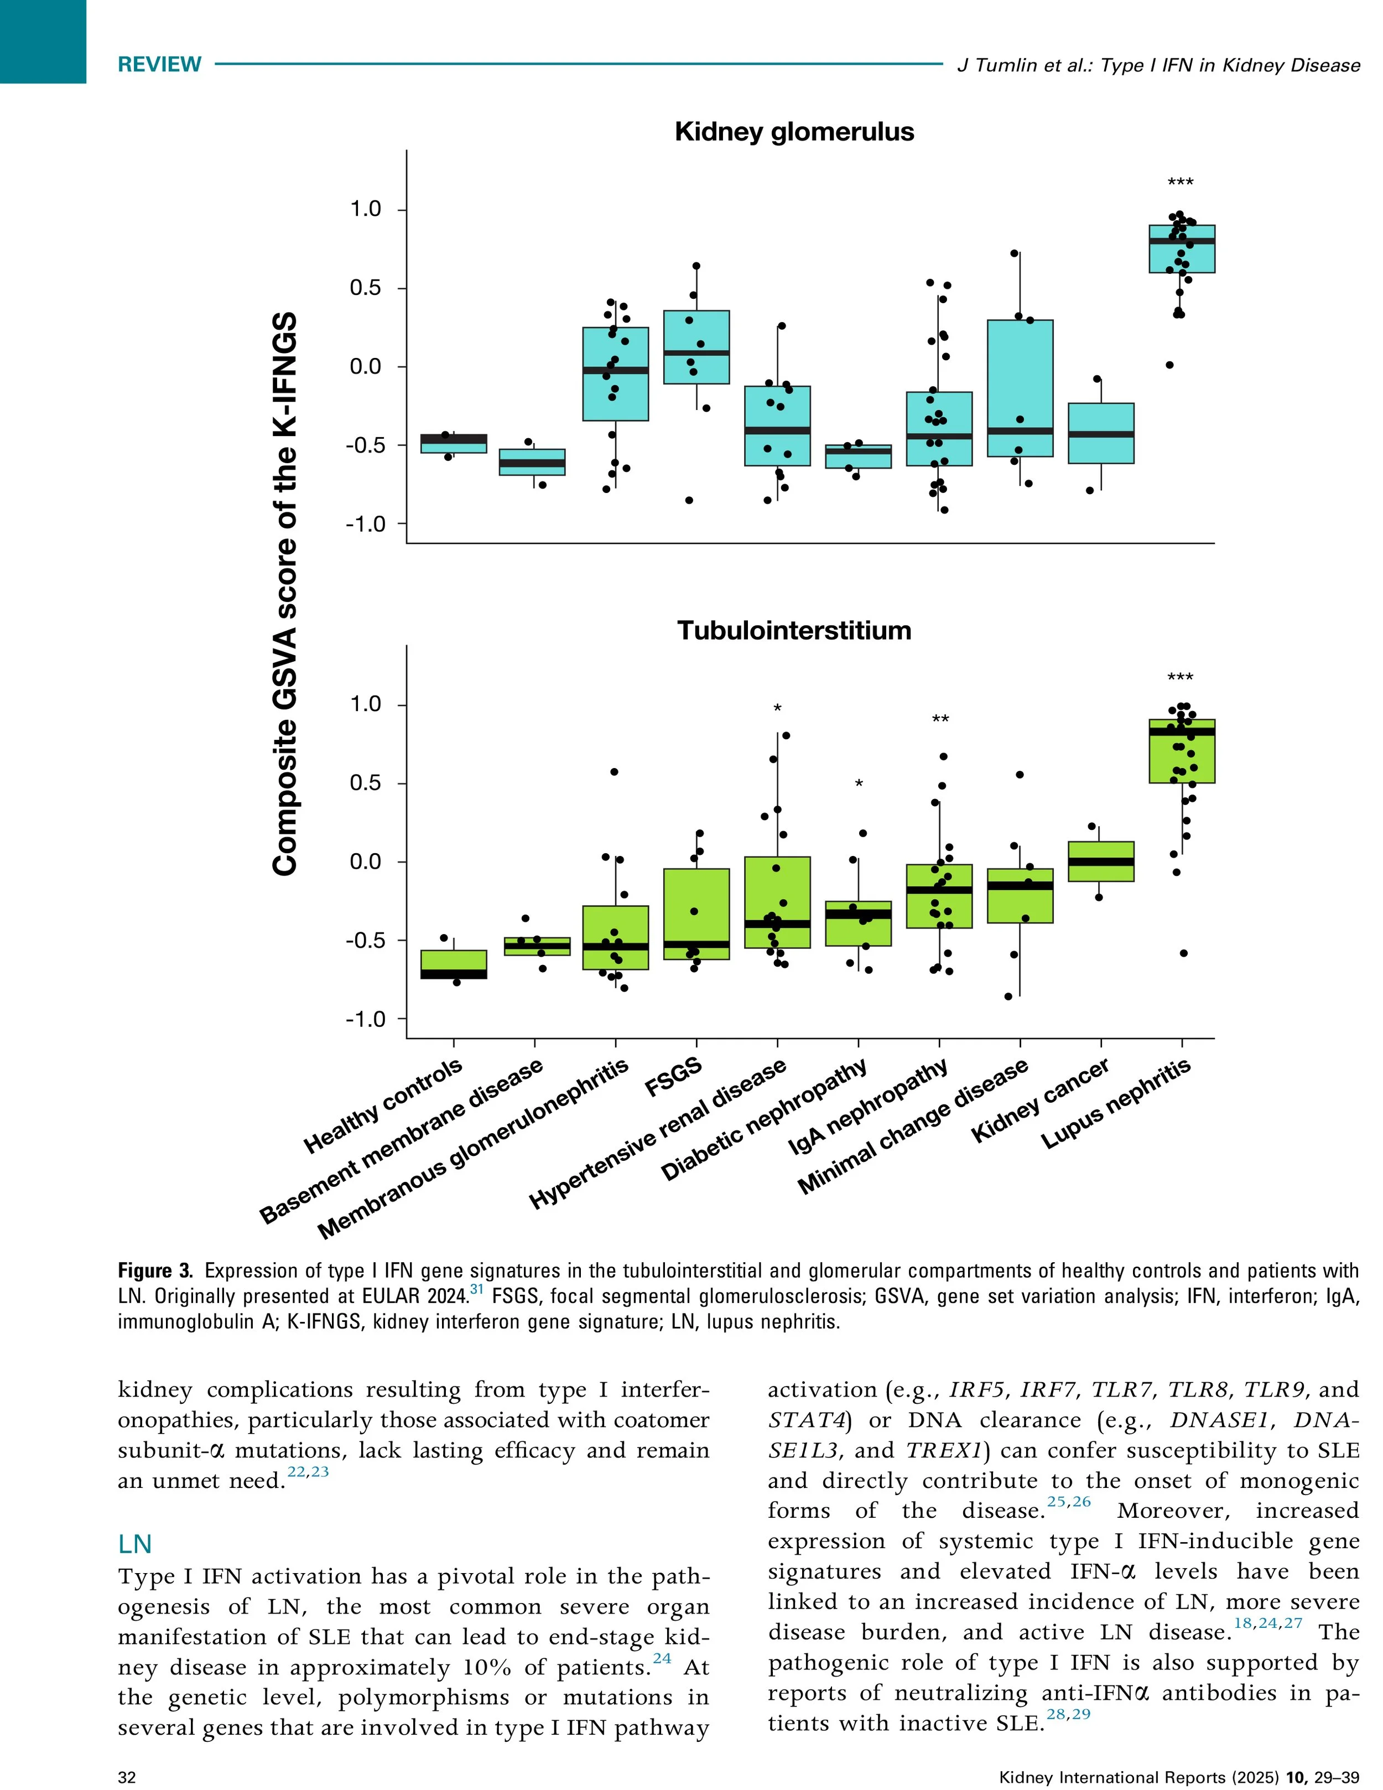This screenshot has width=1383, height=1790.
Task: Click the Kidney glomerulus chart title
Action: [793, 132]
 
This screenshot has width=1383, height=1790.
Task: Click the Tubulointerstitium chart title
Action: [793, 630]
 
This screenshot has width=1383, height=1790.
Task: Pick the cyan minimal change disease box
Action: [1020, 377]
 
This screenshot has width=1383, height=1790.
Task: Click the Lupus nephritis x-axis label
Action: [1116, 1104]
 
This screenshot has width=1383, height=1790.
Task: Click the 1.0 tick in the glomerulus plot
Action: [366, 210]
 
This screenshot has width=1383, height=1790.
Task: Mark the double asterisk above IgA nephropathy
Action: [940, 720]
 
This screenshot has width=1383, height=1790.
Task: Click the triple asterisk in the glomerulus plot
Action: [1181, 182]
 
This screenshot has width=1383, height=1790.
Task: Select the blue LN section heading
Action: [135, 1544]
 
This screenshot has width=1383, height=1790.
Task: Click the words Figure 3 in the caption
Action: [155, 1271]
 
